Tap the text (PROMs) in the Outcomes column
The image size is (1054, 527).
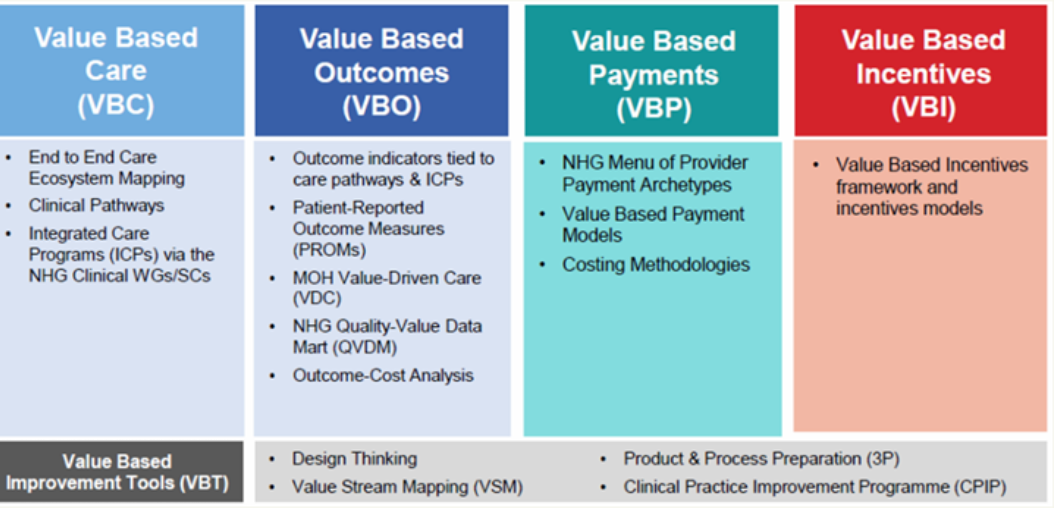pos(329,250)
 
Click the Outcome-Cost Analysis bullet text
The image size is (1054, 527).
pos(383,375)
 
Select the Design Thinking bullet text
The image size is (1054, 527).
pos(354,459)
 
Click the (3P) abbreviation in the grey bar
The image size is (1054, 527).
pos(883,459)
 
